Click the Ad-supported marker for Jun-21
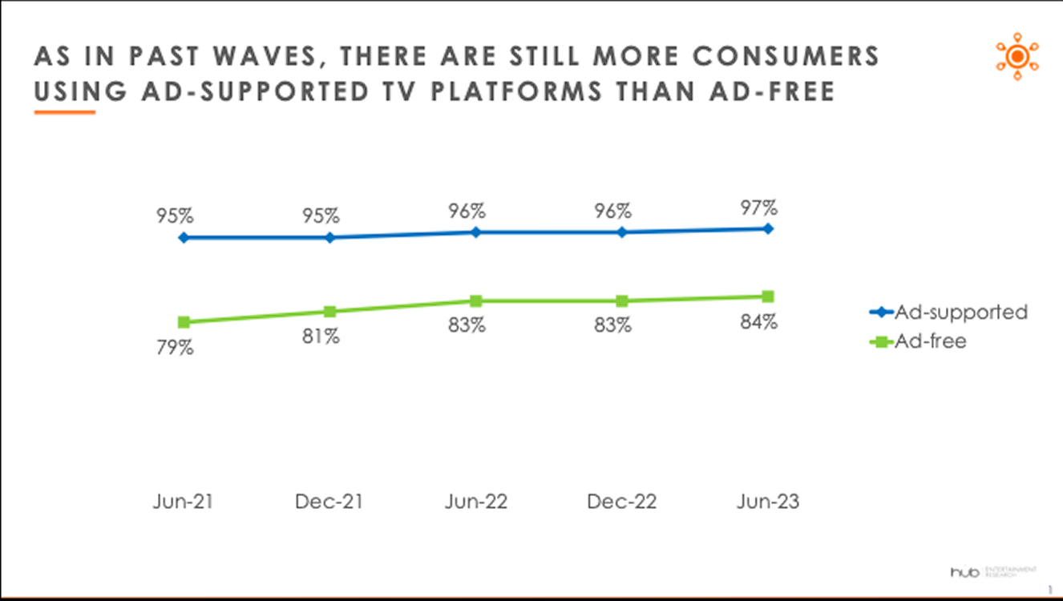[x=184, y=238]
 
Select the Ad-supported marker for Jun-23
[x=768, y=228]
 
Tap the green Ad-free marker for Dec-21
[x=329, y=312]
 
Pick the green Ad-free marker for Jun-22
[x=475, y=301]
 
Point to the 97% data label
[x=758, y=208]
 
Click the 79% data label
[x=175, y=349]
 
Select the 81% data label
[x=321, y=337]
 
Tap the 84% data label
[x=758, y=322]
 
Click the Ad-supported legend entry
[x=949, y=312]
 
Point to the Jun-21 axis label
[x=184, y=502]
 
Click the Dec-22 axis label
[x=621, y=502]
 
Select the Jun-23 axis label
[x=768, y=502]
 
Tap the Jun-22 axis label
[x=475, y=502]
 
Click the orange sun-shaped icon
[x=1017, y=56]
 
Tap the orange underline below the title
[x=64, y=112]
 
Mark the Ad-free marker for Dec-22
[x=621, y=301]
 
